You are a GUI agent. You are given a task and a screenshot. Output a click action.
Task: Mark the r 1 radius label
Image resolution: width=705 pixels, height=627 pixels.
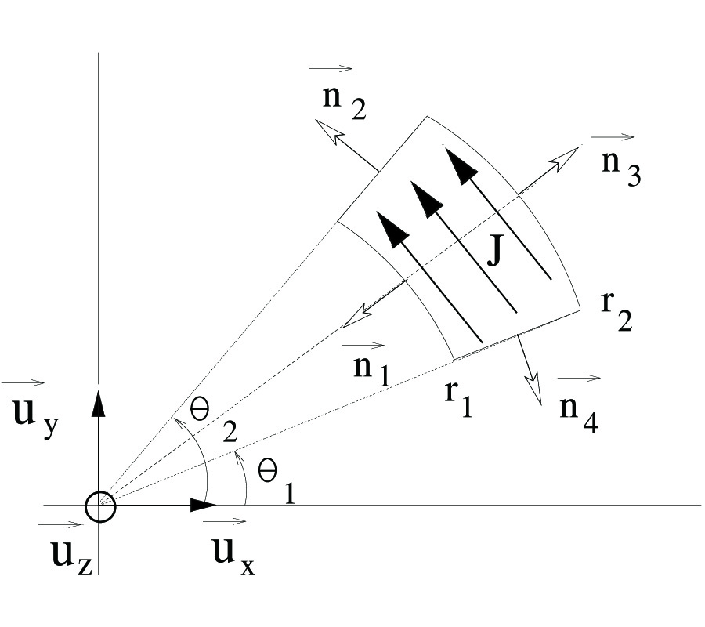[x=459, y=399]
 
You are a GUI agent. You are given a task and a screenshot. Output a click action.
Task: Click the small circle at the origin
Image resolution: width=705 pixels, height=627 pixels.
[x=100, y=507]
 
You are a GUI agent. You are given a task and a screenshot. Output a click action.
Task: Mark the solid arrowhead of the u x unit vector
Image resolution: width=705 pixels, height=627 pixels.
[x=204, y=506]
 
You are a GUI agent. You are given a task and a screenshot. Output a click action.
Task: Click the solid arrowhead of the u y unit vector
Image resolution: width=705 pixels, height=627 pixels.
[x=99, y=400]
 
